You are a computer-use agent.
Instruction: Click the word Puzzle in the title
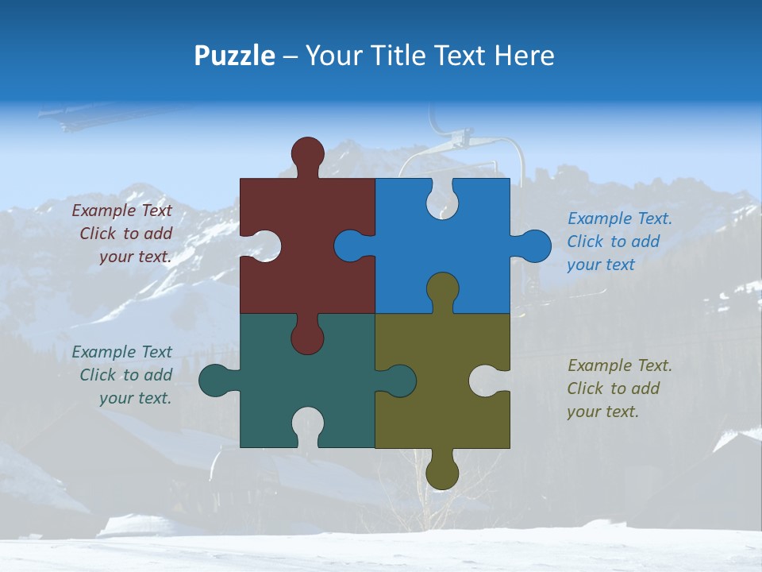[235, 56]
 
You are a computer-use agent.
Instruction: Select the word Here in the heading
[523, 56]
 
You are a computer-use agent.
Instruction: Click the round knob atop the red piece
[307, 153]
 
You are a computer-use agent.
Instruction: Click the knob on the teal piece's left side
[214, 381]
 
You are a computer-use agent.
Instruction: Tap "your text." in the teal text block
[135, 398]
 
